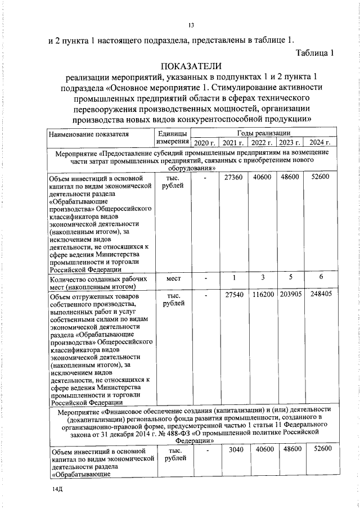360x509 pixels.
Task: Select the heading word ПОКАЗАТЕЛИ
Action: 191,66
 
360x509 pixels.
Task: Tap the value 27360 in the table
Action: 233,177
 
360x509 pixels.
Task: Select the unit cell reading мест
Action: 173,278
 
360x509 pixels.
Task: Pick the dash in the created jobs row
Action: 205,278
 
